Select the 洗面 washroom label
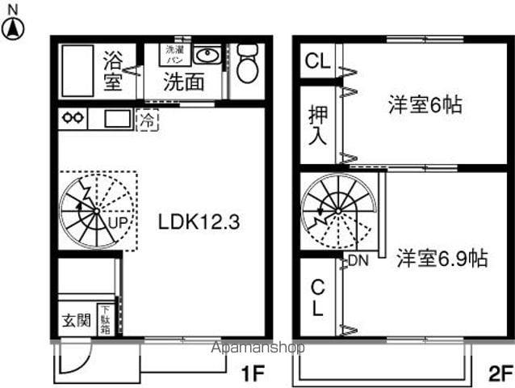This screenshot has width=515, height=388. (183, 82)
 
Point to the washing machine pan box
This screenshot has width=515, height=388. (174, 54)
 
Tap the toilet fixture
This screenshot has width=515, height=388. (246, 65)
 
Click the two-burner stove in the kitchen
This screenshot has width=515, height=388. (73, 119)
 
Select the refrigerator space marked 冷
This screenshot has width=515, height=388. (147, 120)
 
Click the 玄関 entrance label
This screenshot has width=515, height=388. (77, 320)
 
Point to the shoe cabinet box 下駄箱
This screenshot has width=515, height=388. (105, 318)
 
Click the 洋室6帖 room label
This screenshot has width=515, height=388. (425, 105)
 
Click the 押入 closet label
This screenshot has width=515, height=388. (317, 124)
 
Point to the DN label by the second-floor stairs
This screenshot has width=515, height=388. (358, 259)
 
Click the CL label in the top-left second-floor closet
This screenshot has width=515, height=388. (316, 61)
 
